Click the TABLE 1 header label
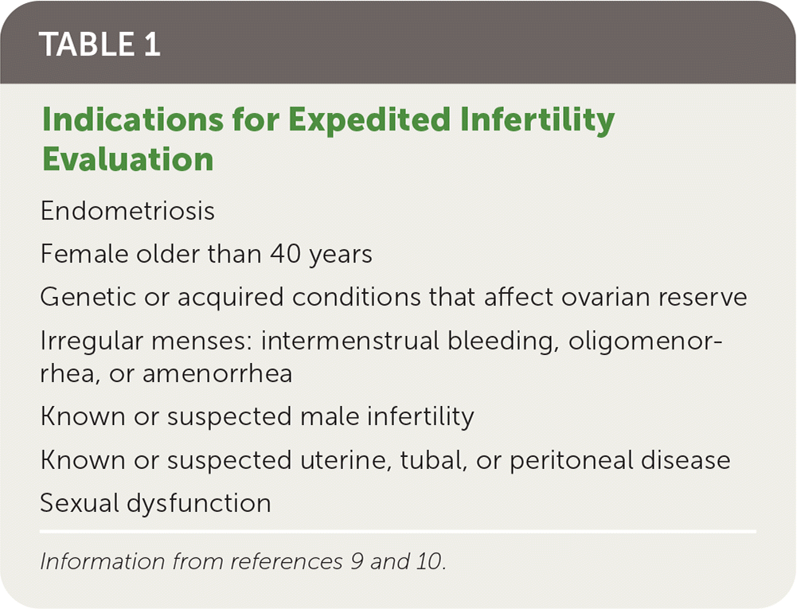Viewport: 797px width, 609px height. click(x=100, y=45)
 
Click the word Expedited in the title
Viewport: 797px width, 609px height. click(x=369, y=119)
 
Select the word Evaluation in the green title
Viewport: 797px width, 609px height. click(x=127, y=159)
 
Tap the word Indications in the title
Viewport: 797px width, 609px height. click(x=133, y=119)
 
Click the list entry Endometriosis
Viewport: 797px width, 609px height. click(x=127, y=210)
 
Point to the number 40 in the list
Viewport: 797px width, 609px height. click(x=285, y=254)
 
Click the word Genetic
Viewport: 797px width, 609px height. click(x=88, y=297)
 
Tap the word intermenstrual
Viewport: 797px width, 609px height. click(x=350, y=340)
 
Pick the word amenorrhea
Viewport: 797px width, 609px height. click(x=217, y=373)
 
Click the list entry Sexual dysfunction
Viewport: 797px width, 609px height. click(x=155, y=503)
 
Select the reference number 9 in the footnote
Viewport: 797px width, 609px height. click(x=357, y=561)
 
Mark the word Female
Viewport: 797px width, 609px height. click(x=84, y=254)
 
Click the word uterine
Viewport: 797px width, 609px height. click(x=346, y=460)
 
